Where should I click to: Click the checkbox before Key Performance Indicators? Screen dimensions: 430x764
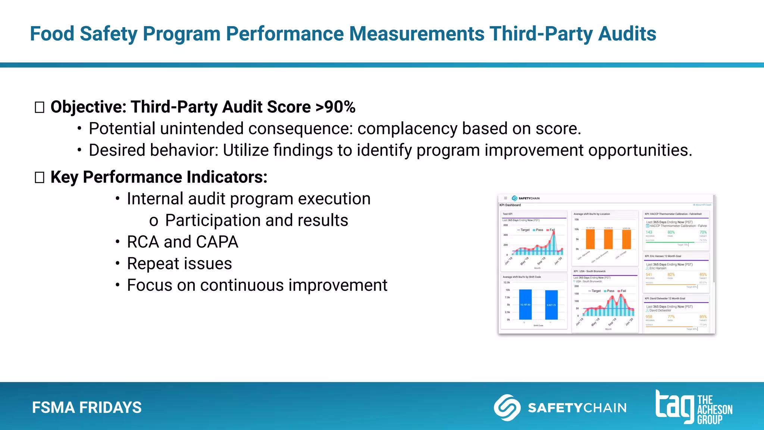(40, 177)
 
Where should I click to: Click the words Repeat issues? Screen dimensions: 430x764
(179, 264)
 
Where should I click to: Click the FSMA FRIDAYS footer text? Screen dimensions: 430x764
(87, 407)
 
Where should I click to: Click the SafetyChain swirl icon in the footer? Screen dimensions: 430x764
(507, 408)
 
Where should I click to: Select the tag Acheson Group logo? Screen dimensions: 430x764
(694, 407)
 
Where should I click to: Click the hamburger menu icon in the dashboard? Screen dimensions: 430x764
(505, 198)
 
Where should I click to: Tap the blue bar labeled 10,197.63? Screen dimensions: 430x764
(525, 305)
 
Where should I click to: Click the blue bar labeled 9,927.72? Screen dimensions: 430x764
(551, 305)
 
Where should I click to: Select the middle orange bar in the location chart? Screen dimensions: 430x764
(608, 239)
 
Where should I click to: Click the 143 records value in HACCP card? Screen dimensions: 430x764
(649, 232)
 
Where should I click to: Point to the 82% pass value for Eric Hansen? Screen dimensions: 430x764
(671, 274)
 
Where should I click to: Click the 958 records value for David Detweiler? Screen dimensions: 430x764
(649, 317)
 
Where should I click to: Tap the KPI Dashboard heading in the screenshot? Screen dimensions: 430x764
(510, 205)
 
